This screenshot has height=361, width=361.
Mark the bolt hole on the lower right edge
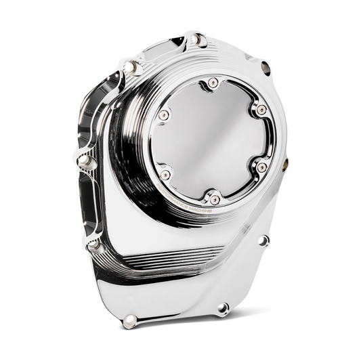[263, 240]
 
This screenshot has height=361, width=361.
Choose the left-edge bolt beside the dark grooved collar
[86, 161]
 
